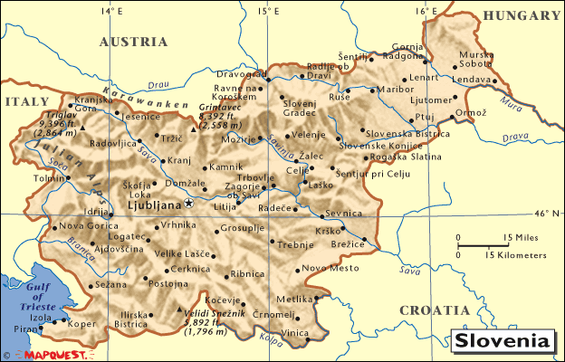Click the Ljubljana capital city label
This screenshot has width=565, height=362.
[156, 205]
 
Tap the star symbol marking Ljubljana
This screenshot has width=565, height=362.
[188, 202]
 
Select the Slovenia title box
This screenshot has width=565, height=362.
[503, 342]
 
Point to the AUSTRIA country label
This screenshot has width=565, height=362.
[133, 42]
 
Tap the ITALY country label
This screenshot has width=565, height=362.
[24, 102]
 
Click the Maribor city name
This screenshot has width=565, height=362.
[394, 90]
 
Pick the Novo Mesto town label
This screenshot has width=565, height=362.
[324, 268]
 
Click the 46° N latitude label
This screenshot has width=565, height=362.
[547, 214]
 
